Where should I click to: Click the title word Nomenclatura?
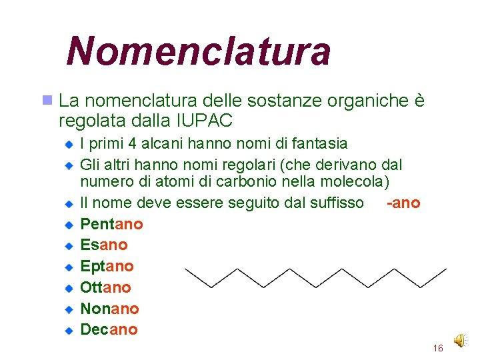(198, 51)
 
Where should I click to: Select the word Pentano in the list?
(111, 223)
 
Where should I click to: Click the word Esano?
(103, 245)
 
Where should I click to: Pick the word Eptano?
(107, 266)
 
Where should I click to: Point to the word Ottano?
(105, 287)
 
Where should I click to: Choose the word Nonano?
(109, 309)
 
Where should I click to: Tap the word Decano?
(109, 329)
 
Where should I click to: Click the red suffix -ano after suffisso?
(403, 203)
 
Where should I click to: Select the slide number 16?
(438, 348)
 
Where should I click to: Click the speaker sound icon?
(460, 341)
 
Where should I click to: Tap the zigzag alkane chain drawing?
(315, 277)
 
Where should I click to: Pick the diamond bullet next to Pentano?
(68, 225)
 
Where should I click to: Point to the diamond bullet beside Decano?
(68, 330)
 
